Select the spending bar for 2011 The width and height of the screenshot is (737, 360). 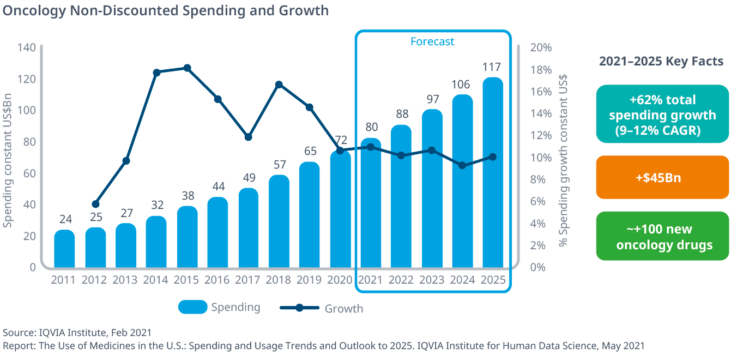64,249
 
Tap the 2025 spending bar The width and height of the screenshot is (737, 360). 493,172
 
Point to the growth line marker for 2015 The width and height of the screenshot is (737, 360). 187,68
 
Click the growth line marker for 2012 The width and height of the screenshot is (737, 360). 96,204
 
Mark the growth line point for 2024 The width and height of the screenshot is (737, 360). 462,165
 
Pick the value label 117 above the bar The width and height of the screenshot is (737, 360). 493,67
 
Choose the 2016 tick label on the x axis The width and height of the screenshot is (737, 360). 218,280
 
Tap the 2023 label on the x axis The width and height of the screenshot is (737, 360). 432,280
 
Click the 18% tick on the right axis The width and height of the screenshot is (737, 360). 541,70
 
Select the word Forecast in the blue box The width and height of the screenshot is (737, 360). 432,41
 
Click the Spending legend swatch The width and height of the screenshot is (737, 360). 192,307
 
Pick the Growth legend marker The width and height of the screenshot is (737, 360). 299,308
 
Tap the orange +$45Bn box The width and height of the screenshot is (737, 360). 662,177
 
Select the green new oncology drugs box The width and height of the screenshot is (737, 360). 662,236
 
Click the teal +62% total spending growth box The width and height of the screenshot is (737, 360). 662,114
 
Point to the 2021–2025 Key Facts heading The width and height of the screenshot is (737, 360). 661,61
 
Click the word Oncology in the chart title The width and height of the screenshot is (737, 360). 34,10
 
